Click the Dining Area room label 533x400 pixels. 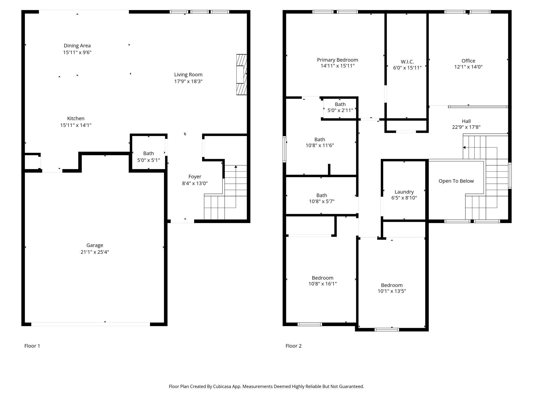point(77,46)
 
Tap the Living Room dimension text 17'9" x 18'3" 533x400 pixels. point(188,82)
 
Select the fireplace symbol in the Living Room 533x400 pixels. point(241,74)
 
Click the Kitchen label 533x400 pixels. point(76,118)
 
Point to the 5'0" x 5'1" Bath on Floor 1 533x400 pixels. point(148,157)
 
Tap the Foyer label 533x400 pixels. point(195,177)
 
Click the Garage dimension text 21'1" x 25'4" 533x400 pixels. point(95,252)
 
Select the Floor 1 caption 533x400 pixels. point(32,346)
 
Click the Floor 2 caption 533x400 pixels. point(293,346)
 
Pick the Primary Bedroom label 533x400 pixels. point(337,60)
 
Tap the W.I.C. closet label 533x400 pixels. point(407,62)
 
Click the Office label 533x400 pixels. point(468,61)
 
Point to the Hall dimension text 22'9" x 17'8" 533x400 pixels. point(466,127)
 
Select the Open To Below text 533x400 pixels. point(456,181)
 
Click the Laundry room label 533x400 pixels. point(404,192)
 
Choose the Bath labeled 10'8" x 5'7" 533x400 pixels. point(322,198)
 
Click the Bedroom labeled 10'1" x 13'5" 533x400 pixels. point(392,288)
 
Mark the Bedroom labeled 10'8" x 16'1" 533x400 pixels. point(322,281)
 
